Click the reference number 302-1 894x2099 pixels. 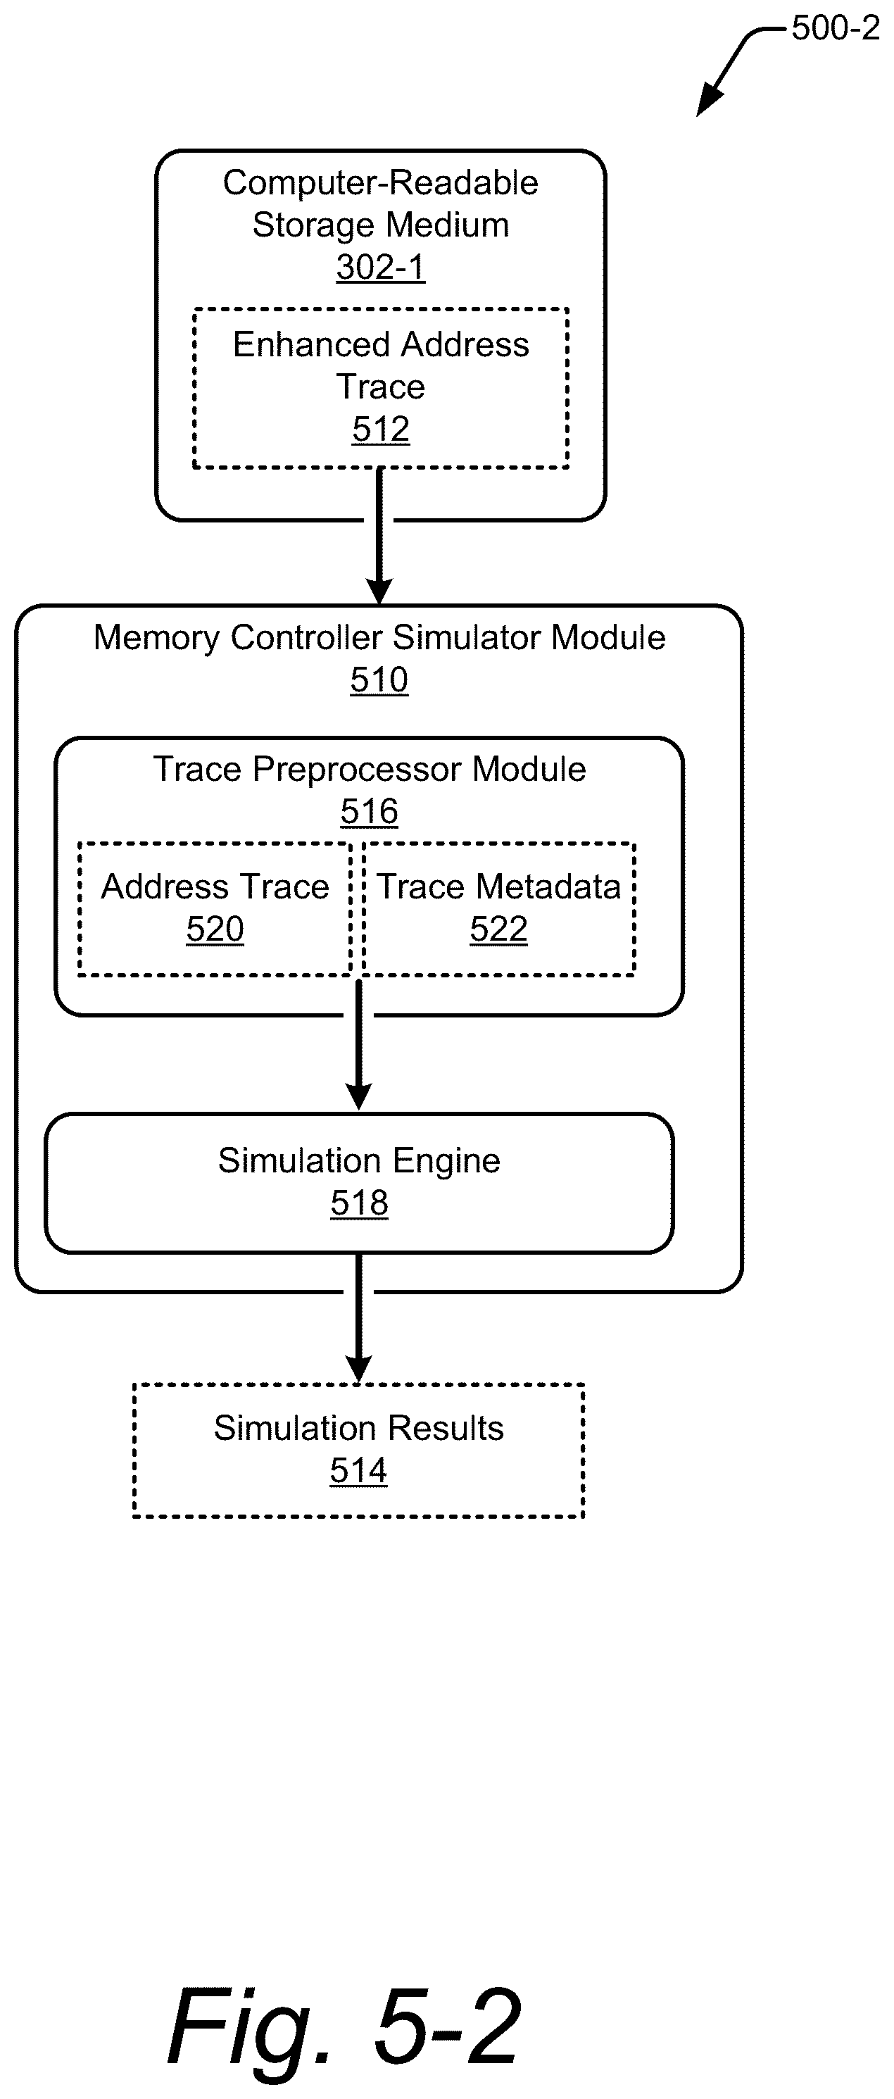pyautogui.click(x=381, y=268)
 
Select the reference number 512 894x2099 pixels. pyautogui.click(x=381, y=430)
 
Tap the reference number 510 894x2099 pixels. pyautogui.click(x=379, y=679)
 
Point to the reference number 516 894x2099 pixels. pyautogui.click(x=369, y=812)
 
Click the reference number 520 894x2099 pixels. pyautogui.click(x=215, y=929)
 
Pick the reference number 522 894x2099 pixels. pyautogui.click(x=499, y=929)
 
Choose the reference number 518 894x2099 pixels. pyautogui.click(x=360, y=1203)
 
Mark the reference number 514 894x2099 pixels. pyautogui.click(x=358, y=1470)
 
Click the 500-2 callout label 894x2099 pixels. pyautogui.click(x=836, y=29)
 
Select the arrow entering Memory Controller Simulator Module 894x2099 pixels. pyautogui.click(x=379, y=536)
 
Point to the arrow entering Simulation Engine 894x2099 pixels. pyautogui.click(x=358, y=1045)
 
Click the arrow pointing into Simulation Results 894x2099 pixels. pyautogui.click(x=358, y=1318)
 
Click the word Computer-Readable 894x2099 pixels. pyautogui.click(x=381, y=183)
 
